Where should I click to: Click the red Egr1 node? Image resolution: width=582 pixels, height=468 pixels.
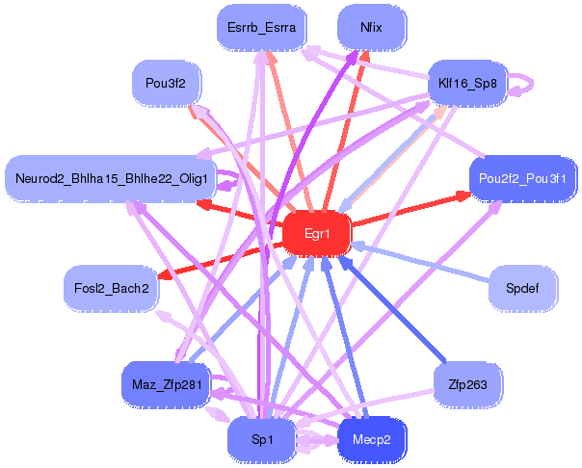[317, 234]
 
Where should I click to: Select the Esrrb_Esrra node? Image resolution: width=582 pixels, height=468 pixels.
[262, 27]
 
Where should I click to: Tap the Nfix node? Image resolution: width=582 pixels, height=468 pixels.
[371, 27]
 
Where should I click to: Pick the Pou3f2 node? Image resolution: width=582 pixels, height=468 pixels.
[166, 83]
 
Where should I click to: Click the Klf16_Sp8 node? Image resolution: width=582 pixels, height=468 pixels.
[467, 83]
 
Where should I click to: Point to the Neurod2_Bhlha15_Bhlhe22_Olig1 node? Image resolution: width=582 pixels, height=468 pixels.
[111, 179]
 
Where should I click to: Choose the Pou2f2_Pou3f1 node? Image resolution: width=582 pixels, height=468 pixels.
[522, 179]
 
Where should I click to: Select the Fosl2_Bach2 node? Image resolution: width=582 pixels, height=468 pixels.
[112, 288]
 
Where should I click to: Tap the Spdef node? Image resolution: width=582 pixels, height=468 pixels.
[522, 288]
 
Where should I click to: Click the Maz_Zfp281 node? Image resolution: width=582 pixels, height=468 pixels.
[167, 384]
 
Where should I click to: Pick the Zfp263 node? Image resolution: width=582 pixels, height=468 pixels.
[467, 384]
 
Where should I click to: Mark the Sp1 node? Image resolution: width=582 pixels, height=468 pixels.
[262, 439]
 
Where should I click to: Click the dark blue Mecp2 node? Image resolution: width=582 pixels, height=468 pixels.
[372, 439]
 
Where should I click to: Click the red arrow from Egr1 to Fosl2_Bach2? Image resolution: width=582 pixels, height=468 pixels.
[221, 260]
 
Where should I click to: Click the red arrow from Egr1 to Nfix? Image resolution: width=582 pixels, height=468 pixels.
[346, 131]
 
